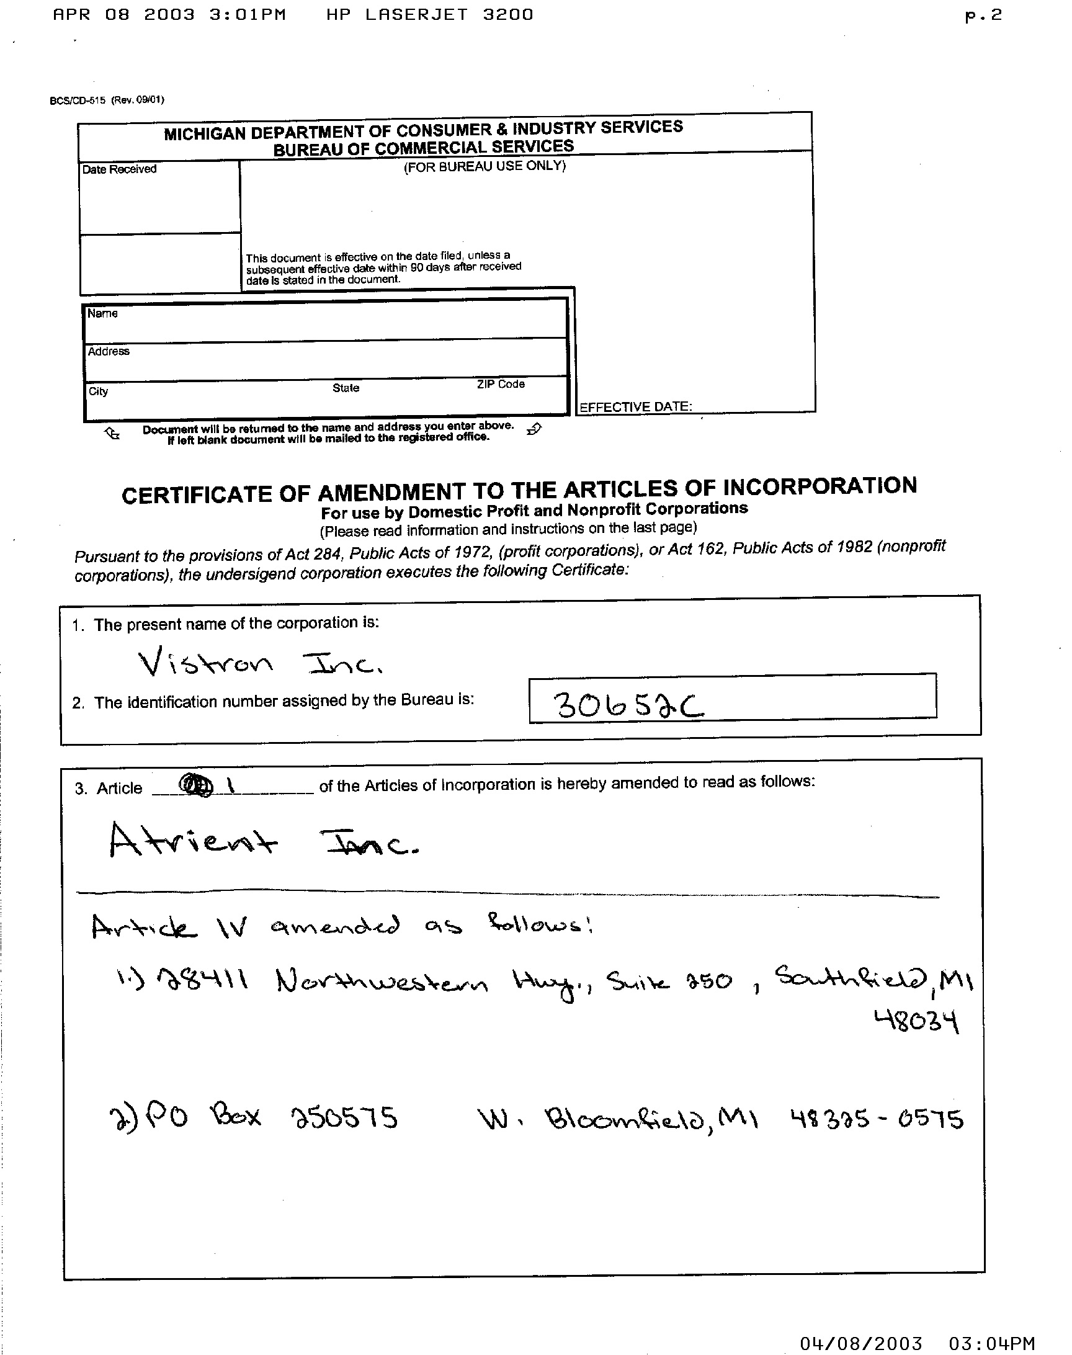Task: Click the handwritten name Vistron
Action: point(205,663)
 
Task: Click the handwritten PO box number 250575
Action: point(344,1118)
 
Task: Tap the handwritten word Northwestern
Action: point(381,981)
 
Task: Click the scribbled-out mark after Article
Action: point(196,785)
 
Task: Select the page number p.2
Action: point(983,16)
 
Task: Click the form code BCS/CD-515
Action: point(77,101)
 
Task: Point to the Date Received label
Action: point(119,169)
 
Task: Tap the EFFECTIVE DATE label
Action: point(635,407)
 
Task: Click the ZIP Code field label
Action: point(500,384)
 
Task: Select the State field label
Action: point(346,388)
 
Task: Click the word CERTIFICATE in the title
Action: point(195,495)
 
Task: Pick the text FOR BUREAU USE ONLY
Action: point(485,167)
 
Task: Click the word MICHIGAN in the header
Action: point(205,133)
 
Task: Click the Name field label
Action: point(102,313)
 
